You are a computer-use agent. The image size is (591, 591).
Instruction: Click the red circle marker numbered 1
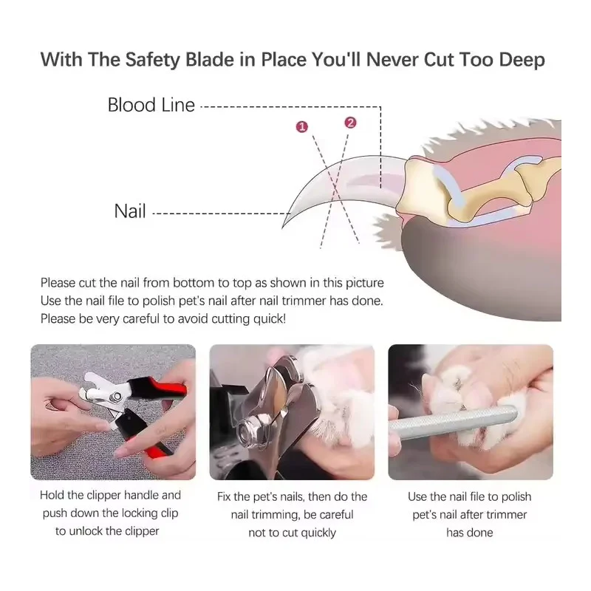(x=302, y=127)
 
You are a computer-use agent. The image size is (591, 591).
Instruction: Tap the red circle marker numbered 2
(x=350, y=123)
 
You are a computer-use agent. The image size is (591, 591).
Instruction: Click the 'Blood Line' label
(x=151, y=105)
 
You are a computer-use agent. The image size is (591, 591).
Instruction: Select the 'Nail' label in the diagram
(x=130, y=211)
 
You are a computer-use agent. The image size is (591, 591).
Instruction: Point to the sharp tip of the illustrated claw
(x=283, y=228)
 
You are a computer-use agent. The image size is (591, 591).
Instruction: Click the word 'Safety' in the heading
(x=152, y=61)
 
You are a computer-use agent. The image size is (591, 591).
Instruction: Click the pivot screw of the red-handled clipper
(x=117, y=396)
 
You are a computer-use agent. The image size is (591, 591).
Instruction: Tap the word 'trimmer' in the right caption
(x=509, y=514)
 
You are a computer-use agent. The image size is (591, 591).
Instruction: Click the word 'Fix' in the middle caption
(x=224, y=496)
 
